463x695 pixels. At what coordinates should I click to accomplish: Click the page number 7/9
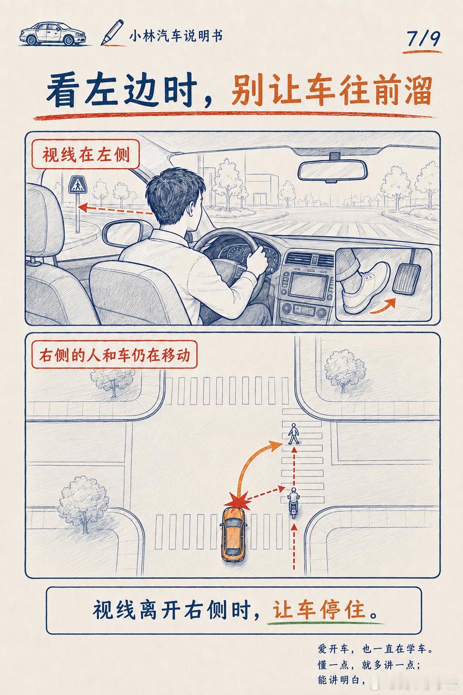pyautogui.click(x=424, y=39)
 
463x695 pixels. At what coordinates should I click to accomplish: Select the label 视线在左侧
pyautogui.click(x=85, y=154)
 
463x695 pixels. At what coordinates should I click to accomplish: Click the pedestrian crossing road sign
pyautogui.click(x=78, y=185)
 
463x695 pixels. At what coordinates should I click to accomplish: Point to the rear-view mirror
pyautogui.click(x=332, y=170)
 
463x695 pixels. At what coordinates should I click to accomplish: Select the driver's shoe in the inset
pyautogui.click(x=366, y=287)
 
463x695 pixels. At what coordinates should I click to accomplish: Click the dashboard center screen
pyautogui.click(x=308, y=285)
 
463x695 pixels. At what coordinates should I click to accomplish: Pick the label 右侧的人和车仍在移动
pyautogui.click(x=114, y=355)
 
